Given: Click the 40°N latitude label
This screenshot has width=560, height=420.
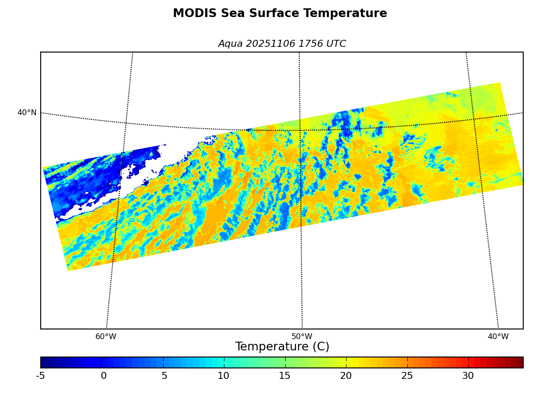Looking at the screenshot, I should tap(27, 113).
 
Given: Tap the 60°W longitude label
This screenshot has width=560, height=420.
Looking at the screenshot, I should tap(106, 337).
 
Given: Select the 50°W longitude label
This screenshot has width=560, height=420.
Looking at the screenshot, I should tap(302, 337).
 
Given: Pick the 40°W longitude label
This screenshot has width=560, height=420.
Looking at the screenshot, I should tap(498, 337).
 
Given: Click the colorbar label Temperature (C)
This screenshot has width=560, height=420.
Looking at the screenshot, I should tap(282, 347).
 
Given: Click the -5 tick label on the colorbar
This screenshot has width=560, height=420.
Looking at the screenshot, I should tap(40, 376).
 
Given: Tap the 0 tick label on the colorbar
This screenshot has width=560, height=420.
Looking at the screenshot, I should tap(104, 376).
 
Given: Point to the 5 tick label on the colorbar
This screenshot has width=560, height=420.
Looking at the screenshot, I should tap(164, 376).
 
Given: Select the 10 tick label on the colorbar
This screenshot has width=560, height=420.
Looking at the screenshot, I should tap(224, 376).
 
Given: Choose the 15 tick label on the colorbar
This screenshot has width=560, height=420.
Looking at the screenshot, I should tap(285, 376).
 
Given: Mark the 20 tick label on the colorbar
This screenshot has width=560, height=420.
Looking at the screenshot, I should tap(346, 376).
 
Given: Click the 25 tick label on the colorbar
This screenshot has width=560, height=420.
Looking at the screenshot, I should tap(407, 376).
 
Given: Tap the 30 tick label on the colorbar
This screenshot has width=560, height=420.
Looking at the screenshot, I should tap(468, 376).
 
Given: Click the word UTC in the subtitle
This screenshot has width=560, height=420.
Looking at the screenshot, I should tap(336, 44).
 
